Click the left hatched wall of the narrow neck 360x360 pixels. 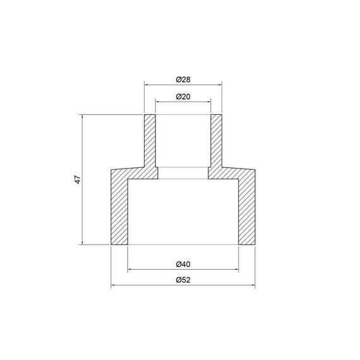coord(150,142)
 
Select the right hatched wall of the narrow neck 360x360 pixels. coord(215,142)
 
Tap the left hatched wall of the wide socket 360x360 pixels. coord(119,208)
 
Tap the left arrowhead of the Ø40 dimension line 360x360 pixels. coord(129,270)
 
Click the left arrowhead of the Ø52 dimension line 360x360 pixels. coord(113,286)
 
